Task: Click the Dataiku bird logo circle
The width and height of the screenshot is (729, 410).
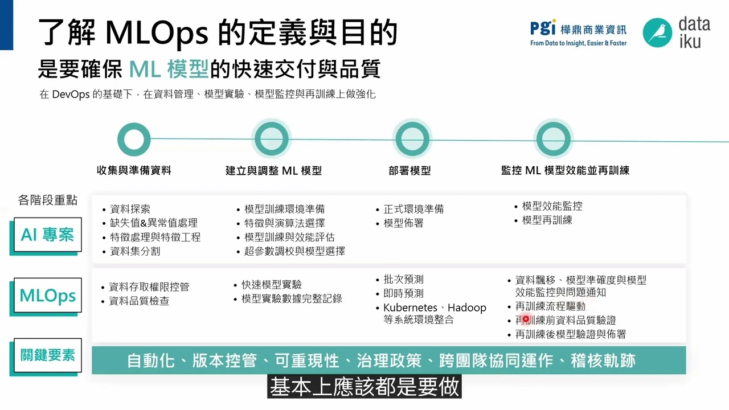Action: tap(658, 32)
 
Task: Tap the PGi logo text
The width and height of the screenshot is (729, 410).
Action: tap(543, 28)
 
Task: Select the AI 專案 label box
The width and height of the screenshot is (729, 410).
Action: tap(47, 235)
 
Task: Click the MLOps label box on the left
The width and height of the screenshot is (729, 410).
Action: tap(47, 296)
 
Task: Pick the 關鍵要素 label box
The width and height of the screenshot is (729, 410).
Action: tap(47, 355)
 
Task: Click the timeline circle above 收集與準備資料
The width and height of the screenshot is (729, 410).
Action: tap(134, 139)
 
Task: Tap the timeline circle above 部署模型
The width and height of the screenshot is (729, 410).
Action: tap(412, 139)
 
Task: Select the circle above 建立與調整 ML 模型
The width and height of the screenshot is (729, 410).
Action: tap(272, 139)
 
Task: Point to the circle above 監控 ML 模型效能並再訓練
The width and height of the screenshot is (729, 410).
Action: tap(553, 139)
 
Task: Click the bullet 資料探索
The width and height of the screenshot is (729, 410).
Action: tap(130, 209)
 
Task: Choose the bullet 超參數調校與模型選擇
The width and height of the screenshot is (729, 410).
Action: tap(294, 251)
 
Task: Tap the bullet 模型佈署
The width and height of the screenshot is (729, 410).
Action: tap(403, 223)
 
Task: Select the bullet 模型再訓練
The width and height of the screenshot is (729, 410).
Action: tap(547, 220)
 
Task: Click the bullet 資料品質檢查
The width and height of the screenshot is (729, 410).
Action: tap(139, 301)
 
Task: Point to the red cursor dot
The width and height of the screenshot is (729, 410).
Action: tap(526, 319)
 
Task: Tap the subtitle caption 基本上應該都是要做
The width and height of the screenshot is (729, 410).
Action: tap(364, 387)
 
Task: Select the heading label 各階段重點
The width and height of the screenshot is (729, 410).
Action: tap(48, 200)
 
